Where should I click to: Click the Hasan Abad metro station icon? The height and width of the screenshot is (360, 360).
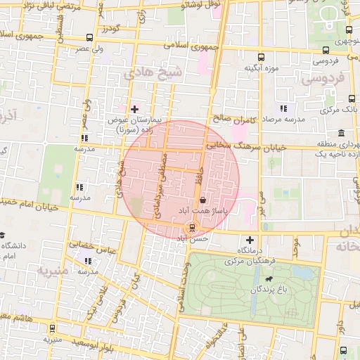click(191, 227)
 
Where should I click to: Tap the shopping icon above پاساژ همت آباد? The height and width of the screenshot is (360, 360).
click(203, 200)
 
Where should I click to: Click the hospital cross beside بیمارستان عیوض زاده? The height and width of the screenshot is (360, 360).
click(135, 109)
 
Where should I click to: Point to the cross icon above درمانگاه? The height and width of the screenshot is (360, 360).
click(250, 240)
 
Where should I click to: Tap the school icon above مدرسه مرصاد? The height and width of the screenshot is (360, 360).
click(283, 109)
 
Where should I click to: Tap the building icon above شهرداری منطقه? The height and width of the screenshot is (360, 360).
click(341, 133)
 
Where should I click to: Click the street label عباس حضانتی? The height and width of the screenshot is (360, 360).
click(91, 247)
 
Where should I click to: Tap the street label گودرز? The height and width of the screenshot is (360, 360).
click(111, 28)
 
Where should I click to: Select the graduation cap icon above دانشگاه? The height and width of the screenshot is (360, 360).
click(3, 235)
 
